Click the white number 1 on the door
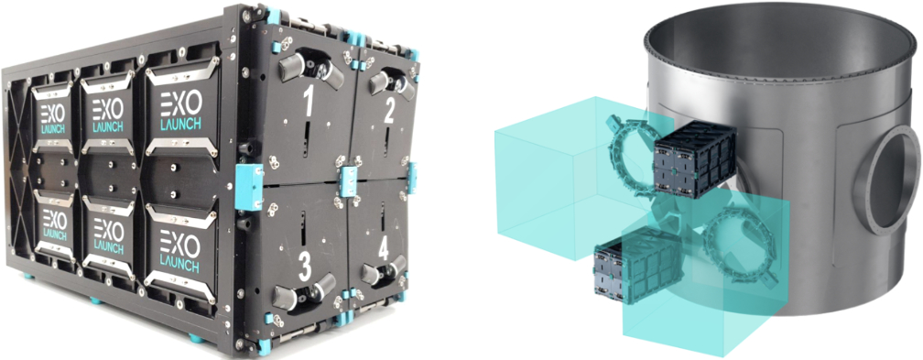pyautogui.click(x=308, y=104)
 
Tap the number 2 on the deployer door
pyautogui.click(x=388, y=110)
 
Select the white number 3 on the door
pyautogui.click(x=304, y=267)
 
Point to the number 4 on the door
pyautogui.click(x=383, y=249)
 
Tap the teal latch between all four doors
pyautogui.click(x=349, y=180)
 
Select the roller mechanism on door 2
pyautogui.click(x=392, y=84)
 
